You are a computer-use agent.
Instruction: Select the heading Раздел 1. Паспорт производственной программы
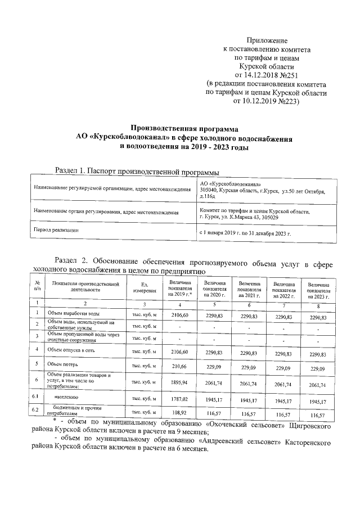pyautogui.click(x=136, y=171)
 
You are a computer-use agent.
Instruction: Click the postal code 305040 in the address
pyautogui.click(x=210, y=191)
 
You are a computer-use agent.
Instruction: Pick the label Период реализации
pyautogui.click(x=56, y=231)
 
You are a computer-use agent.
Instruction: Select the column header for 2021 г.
pyautogui.click(x=249, y=289)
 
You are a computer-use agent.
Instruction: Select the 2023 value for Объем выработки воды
pyautogui.click(x=318, y=318)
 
